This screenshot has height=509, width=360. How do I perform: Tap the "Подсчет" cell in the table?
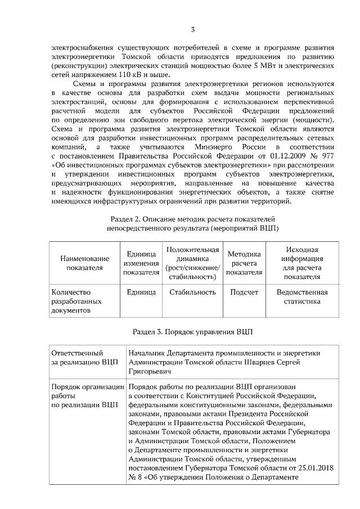pyautogui.click(x=244, y=292)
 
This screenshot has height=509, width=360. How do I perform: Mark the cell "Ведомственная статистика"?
pyautogui.click(x=301, y=297)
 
